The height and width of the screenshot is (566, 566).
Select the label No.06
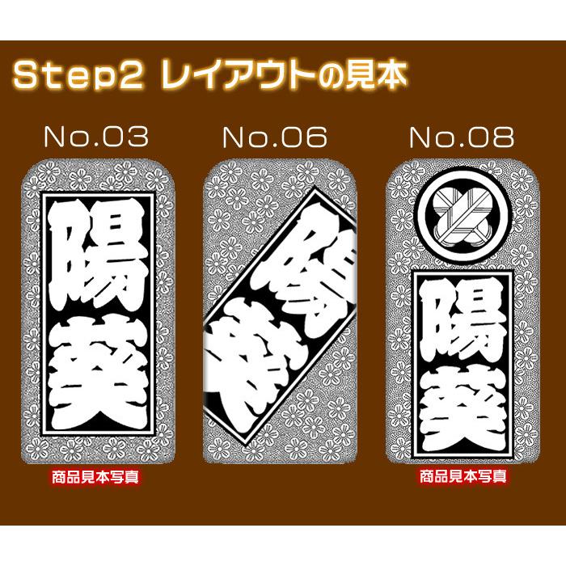pyautogui.click(x=274, y=137)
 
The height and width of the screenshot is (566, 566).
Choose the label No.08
pyautogui.click(x=462, y=137)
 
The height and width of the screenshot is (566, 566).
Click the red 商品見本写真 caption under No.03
pyautogui.click(x=95, y=477)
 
